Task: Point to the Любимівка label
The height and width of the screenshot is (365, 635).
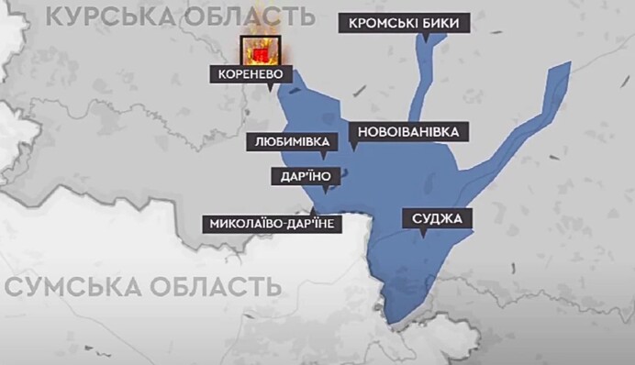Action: click(x=291, y=142)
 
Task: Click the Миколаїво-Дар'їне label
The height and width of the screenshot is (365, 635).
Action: click(x=274, y=224)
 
